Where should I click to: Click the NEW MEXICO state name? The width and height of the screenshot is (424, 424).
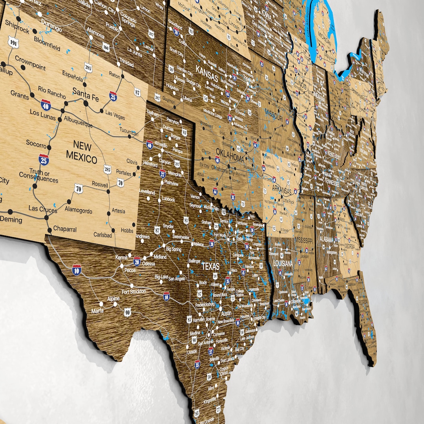[x=82, y=153]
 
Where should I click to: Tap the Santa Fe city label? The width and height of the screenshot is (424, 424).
[x=85, y=95]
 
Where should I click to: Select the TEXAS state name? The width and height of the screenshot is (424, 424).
[x=210, y=266]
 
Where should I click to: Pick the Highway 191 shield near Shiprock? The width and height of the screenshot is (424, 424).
[x=14, y=43]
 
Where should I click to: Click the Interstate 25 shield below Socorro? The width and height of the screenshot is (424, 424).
[x=44, y=159]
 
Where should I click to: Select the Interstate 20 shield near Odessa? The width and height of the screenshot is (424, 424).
[x=137, y=261]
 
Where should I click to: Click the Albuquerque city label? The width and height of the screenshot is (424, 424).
[x=78, y=122]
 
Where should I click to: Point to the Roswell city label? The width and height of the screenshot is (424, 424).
[x=100, y=185]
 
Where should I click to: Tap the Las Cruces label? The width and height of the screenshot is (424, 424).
[x=42, y=209]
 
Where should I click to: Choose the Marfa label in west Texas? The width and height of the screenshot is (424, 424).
[x=97, y=311]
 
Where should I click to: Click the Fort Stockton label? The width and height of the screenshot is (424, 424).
[x=133, y=292]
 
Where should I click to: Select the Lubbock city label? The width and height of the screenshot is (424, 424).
[x=168, y=199]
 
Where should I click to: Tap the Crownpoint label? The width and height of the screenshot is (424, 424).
[x=30, y=62]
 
